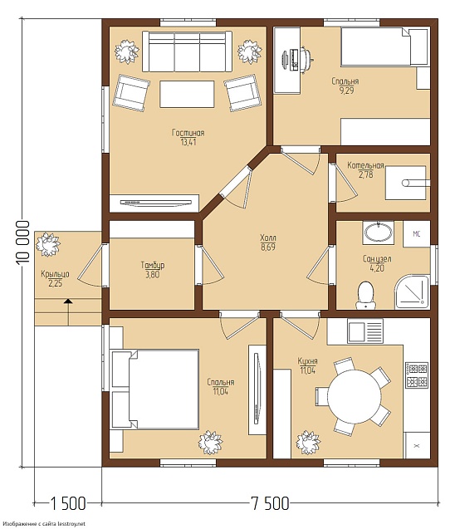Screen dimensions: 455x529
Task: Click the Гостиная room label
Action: tap(188, 133)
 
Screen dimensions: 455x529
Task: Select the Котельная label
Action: tap(365, 165)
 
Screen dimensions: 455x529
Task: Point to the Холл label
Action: tap(268, 238)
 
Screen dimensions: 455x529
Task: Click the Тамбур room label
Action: tap(153, 265)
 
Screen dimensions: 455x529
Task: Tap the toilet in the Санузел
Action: tap(364, 295)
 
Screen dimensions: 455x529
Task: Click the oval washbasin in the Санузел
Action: tap(378, 232)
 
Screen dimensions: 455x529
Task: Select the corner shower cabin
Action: tap(412, 291)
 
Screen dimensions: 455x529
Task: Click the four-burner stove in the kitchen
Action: tap(417, 375)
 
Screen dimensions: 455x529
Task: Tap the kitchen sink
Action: tap(365, 331)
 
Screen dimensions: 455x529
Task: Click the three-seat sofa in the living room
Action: tap(187, 51)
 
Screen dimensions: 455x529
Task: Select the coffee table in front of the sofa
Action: tap(187, 94)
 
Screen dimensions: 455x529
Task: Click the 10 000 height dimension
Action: tap(22, 242)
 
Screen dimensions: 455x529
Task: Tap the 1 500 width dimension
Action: tap(68, 504)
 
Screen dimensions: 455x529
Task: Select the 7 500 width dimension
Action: tap(270, 504)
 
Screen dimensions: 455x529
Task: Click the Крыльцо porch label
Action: tap(55, 274)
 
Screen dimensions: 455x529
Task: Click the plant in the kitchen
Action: tap(308, 443)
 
